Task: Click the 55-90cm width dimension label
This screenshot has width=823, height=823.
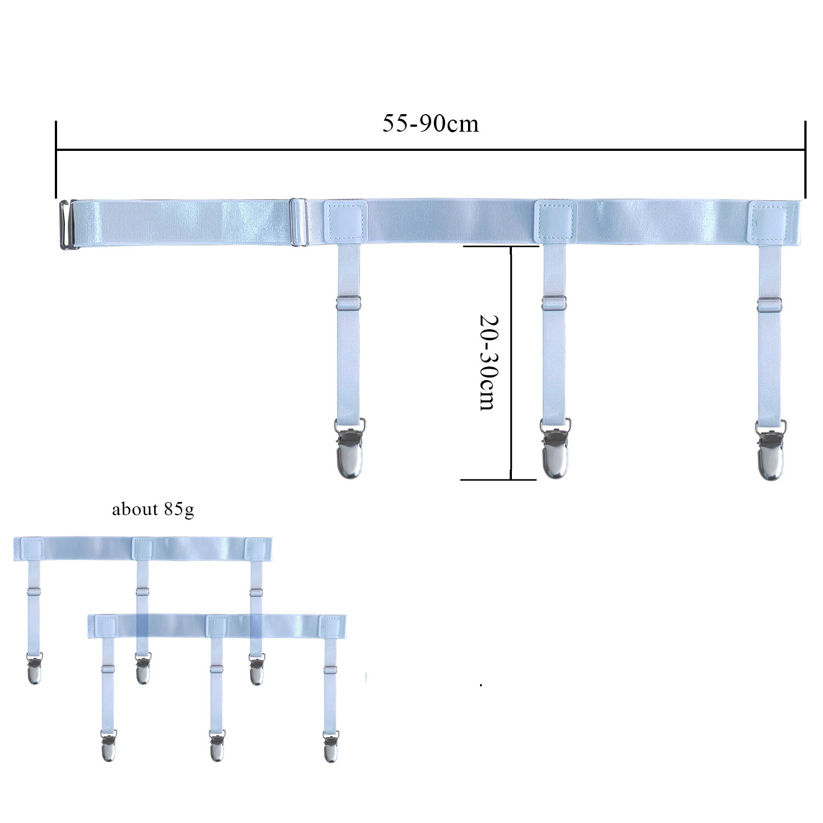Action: (431, 123)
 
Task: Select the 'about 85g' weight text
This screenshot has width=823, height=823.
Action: (153, 510)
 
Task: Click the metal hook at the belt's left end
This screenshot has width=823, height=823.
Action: (68, 225)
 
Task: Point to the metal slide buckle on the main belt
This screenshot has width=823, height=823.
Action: (298, 223)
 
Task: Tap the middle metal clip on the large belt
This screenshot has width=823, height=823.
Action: (556, 448)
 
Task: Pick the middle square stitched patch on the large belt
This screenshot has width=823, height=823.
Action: (556, 222)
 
